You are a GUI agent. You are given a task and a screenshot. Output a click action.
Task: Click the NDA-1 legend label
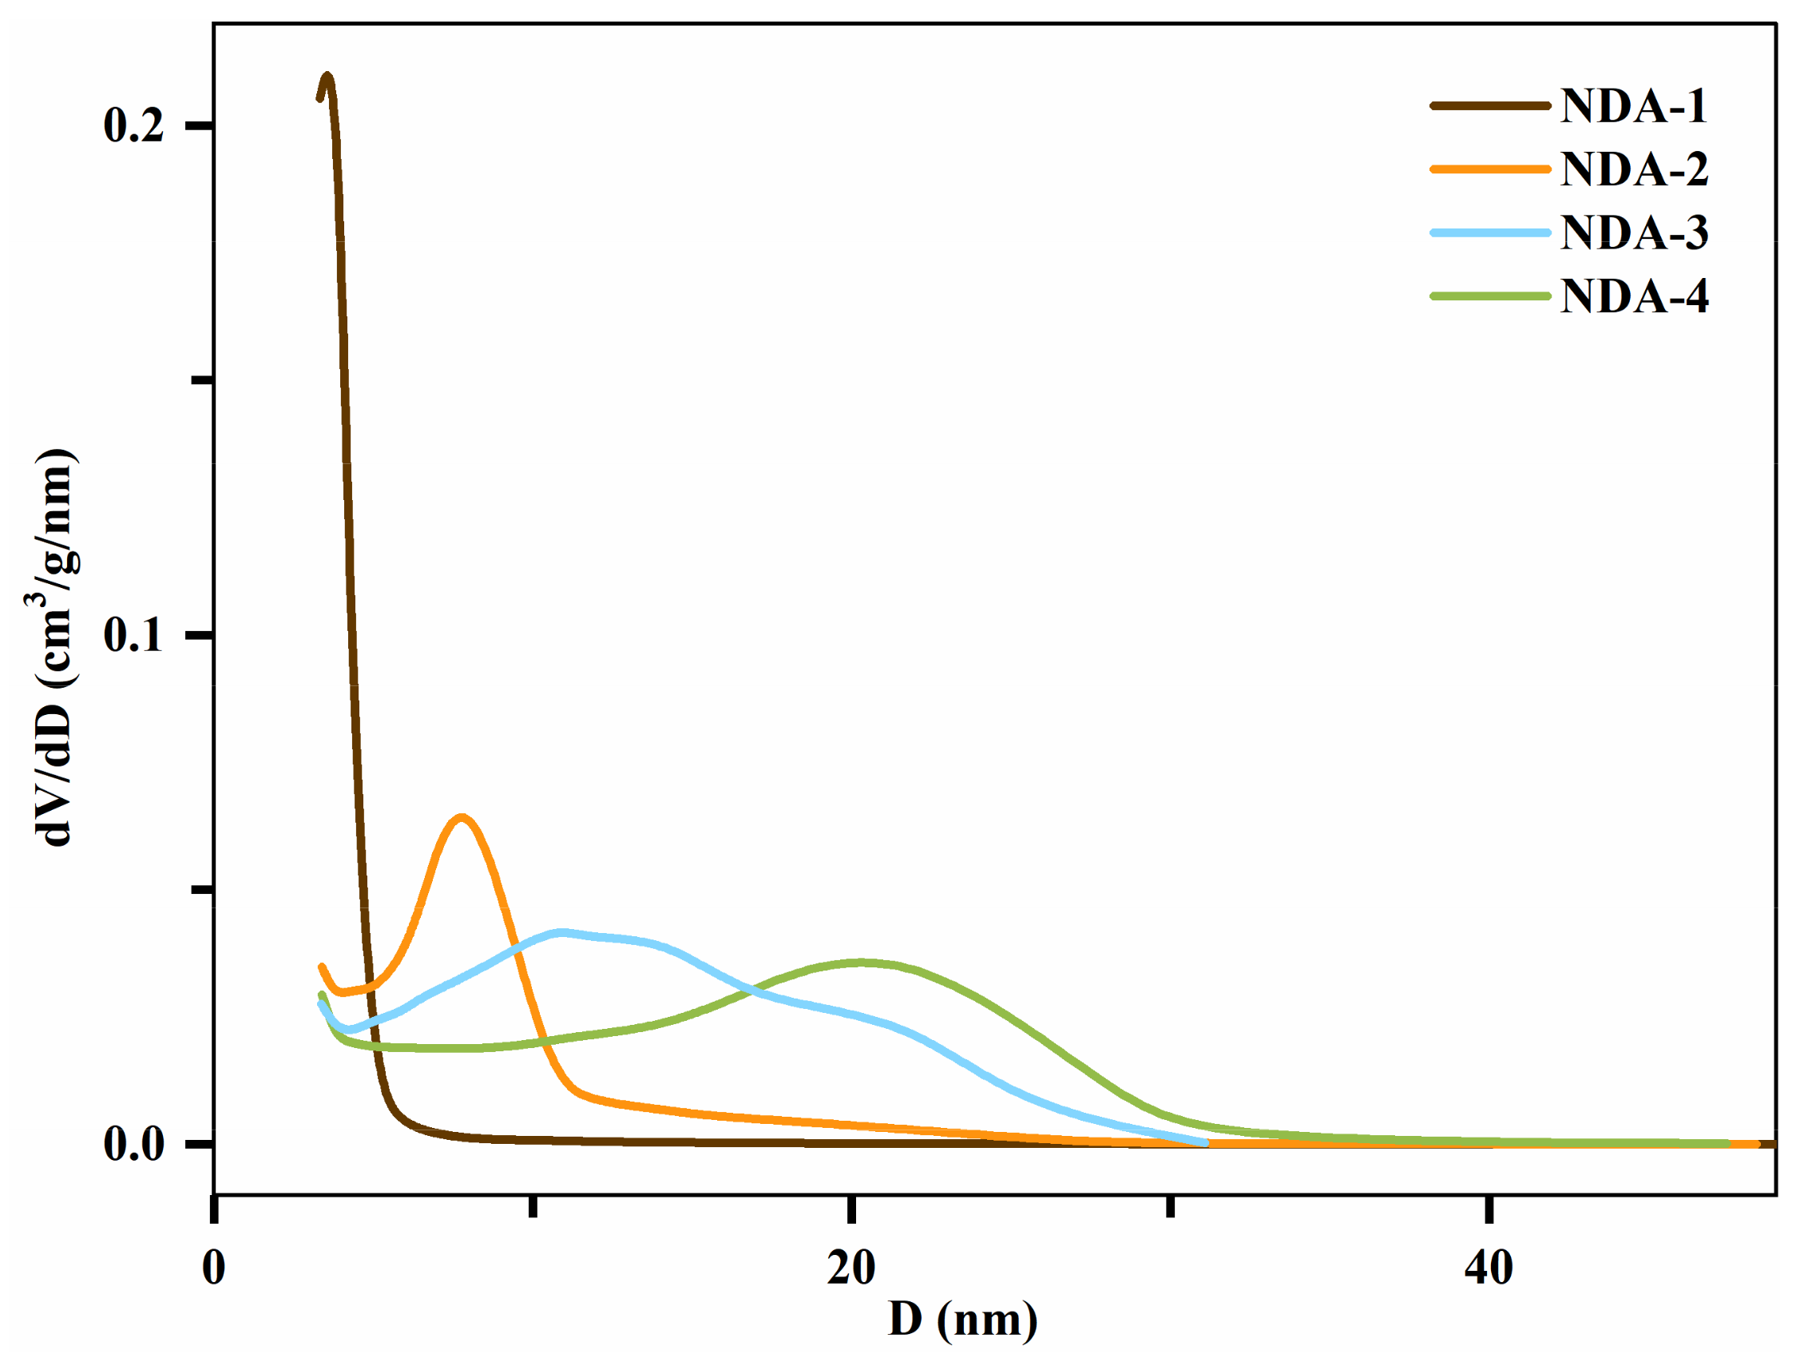pos(1633,106)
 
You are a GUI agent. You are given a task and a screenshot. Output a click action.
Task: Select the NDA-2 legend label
pos(1633,169)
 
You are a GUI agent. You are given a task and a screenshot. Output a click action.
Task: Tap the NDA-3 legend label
pos(1633,233)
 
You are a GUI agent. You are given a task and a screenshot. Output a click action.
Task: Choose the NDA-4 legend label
pos(1633,296)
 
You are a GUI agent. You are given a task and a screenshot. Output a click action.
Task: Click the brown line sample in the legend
pos(1489,106)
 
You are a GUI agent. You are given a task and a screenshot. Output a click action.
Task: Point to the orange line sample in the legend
pos(1489,169)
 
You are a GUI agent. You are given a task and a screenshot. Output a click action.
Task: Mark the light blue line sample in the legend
pos(1489,233)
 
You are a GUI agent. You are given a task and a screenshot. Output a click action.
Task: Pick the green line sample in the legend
pos(1489,296)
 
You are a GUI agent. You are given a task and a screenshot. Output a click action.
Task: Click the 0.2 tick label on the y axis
pos(133,126)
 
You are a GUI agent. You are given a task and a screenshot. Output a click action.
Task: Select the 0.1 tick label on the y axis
pos(133,635)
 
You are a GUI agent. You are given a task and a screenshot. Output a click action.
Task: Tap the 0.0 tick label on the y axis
pos(133,1144)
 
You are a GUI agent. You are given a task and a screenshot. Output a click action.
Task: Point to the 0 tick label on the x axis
pos(213,1268)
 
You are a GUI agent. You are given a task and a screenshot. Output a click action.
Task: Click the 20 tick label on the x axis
pos(850,1268)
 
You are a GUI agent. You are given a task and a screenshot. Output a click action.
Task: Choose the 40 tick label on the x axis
pos(1489,1268)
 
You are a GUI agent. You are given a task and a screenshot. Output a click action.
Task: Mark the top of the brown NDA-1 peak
pos(327,77)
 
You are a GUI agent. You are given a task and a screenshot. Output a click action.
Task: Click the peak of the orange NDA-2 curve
pos(462,816)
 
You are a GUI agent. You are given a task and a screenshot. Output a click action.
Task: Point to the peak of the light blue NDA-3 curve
pos(561,932)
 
